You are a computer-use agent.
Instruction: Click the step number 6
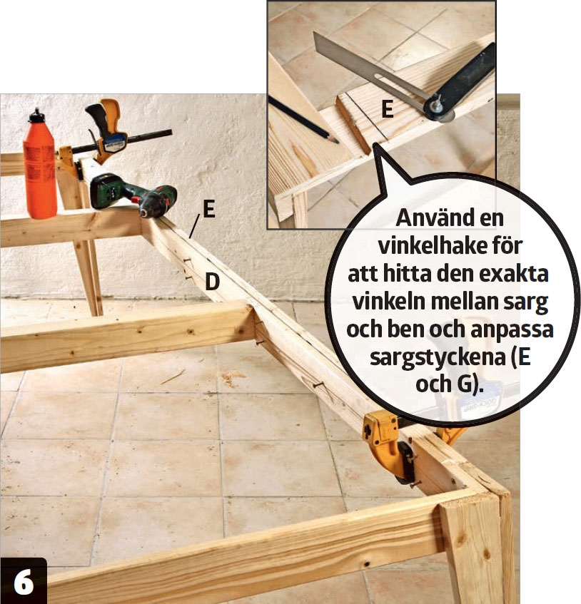coord(23,583)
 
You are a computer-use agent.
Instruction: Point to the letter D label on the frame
coord(212,282)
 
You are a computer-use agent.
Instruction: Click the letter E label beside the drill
coord(208,209)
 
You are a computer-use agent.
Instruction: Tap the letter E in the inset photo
coord(387,109)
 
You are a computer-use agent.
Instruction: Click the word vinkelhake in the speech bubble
coord(450,246)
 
